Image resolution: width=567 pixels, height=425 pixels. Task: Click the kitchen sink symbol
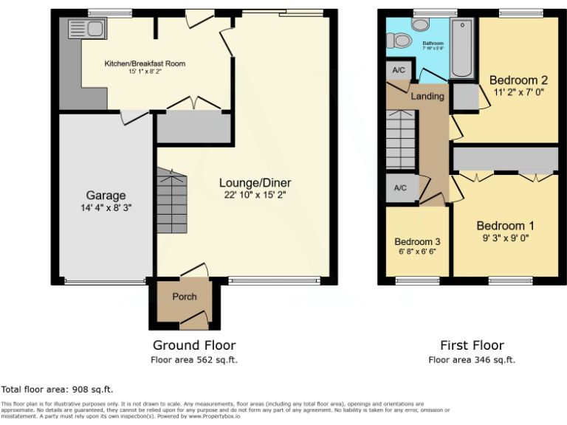tap(87, 30)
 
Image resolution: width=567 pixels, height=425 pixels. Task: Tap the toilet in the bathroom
tap(399, 40)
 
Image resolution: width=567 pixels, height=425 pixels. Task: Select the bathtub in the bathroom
tap(462, 49)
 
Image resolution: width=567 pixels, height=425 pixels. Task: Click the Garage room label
tap(106, 196)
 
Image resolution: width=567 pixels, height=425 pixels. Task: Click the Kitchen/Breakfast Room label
tap(145, 63)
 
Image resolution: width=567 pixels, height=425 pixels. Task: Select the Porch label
tap(185, 297)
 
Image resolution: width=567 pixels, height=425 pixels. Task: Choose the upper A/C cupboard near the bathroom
tap(399, 70)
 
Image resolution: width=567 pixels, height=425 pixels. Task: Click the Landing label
tap(427, 96)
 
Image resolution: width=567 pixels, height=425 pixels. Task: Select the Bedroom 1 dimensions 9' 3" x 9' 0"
tap(505, 238)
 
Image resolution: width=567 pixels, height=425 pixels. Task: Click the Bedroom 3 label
tap(417, 241)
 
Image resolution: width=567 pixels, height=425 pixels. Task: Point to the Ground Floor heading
tap(194, 345)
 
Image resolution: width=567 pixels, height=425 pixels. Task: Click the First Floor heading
tap(472, 345)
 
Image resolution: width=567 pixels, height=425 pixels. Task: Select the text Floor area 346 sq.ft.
tap(472, 360)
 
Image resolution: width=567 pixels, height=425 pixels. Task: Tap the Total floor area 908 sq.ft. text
tap(58, 390)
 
